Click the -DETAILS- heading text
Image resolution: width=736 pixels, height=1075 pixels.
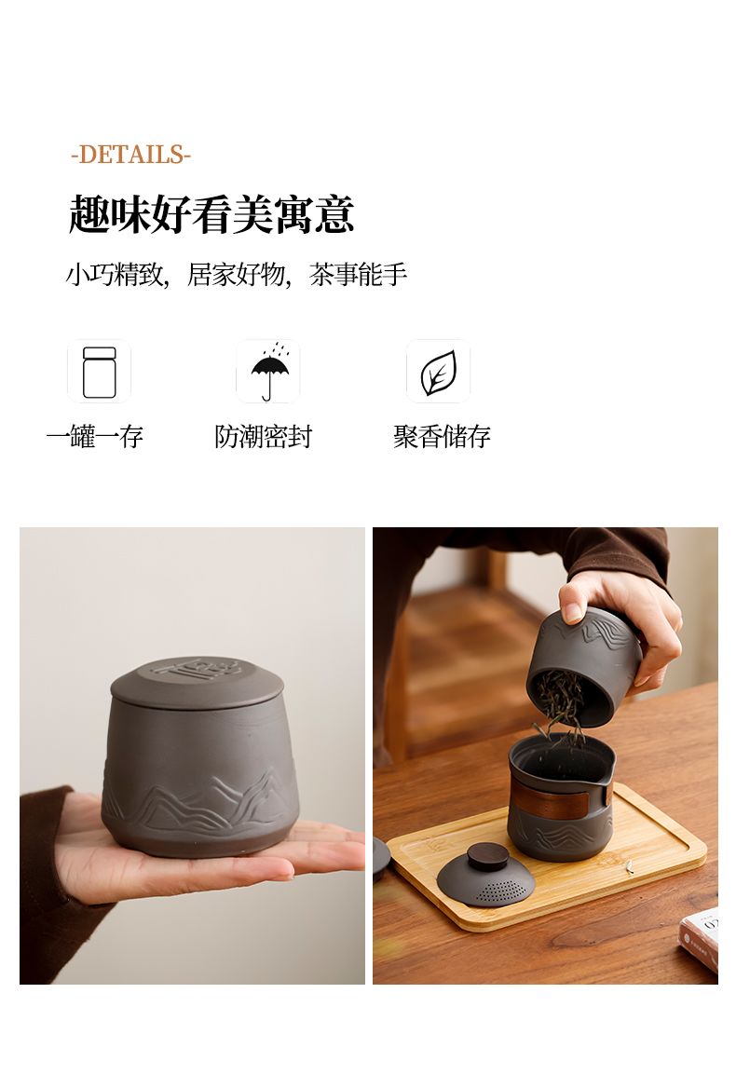[130, 155]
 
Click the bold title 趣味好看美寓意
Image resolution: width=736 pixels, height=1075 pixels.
[211, 214]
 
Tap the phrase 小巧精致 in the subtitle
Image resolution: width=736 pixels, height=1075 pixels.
[115, 275]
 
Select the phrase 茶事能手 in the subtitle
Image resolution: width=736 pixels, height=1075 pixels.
[358, 275]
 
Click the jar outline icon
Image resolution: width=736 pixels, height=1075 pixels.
[100, 372]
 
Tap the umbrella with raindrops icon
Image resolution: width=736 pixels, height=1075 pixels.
[269, 371]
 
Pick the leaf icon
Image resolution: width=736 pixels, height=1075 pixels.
[438, 373]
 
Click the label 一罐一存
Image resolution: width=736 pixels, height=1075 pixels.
[95, 436]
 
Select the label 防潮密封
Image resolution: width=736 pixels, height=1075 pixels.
[264, 436]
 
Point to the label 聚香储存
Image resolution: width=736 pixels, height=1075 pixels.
[442, 436]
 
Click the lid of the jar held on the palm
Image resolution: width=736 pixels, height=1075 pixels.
[197, 683]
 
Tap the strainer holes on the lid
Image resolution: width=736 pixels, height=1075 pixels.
[500, 891]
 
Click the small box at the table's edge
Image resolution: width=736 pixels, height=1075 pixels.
[700, 937]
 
